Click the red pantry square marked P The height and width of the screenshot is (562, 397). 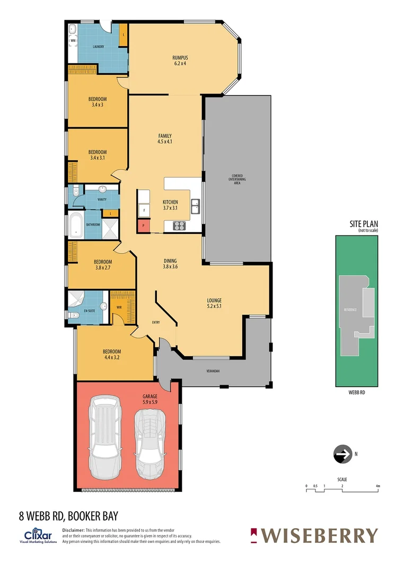pos(143,226)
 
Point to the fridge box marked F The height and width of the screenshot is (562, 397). pos(144,210)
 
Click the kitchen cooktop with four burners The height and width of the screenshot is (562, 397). pos(179,226)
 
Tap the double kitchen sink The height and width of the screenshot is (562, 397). pos(195,206)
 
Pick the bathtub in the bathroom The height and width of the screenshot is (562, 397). pos(76,225)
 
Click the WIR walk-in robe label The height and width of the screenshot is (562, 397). pos(119,306)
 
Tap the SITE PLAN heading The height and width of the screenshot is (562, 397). pos(363,224)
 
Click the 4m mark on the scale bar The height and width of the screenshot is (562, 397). pos(378,486)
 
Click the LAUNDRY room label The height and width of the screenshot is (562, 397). pos(98,47)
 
